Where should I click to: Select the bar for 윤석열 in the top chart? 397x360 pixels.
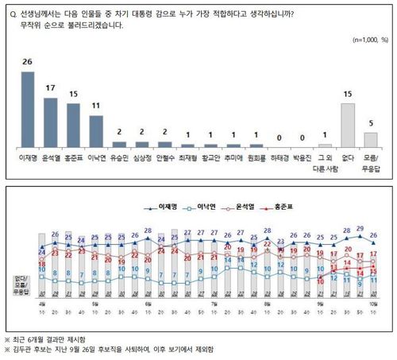pyautogui.click(x=51, y=122)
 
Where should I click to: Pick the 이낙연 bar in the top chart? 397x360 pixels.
pyautogui.click(x=97, y=131)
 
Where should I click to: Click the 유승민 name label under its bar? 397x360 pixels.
pyautogui.click(x=120, y=157)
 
